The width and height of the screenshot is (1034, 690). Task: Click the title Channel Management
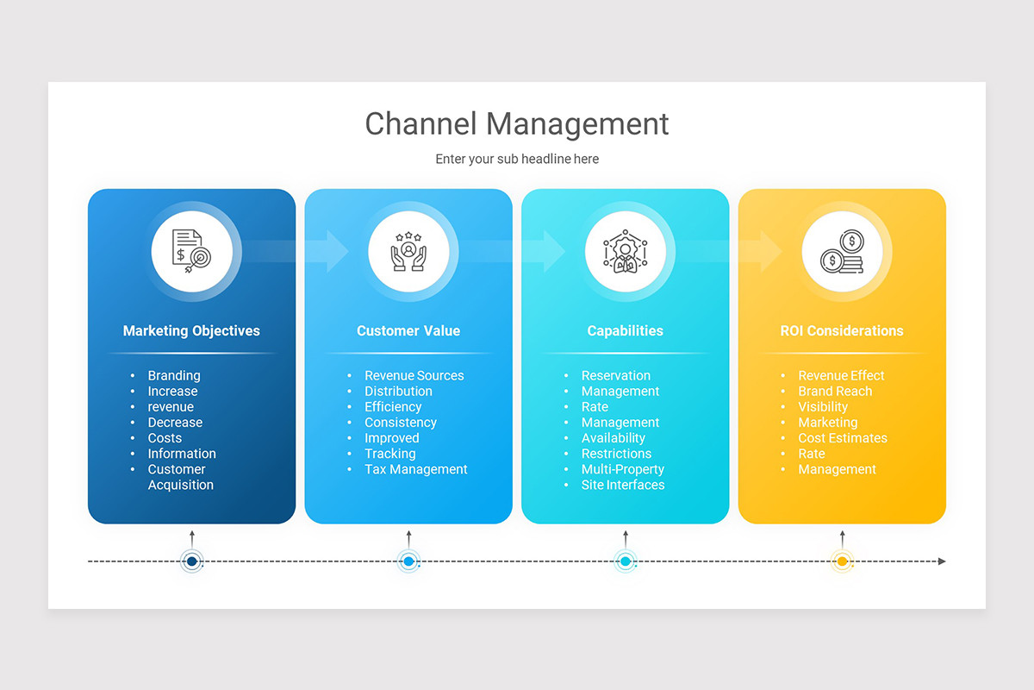(517, 123)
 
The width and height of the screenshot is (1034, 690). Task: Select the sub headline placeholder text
(517, 159)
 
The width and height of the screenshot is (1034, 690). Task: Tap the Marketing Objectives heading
(191, 330)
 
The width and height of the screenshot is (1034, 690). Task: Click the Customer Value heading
(408, 330)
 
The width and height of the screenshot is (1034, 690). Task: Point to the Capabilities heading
(625, 330)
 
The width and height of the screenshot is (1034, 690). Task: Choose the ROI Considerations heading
(842, 330)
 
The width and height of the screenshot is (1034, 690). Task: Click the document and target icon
(191, 251)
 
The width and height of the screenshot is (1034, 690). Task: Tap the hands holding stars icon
(408, 251)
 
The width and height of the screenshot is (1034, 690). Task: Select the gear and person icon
(625, 251)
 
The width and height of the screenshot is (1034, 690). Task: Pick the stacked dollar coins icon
(842, 251)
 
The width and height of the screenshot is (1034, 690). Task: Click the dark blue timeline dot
(192, 561)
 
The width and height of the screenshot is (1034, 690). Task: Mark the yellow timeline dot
(842, 561)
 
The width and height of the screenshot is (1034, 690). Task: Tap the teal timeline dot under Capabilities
(626, 561)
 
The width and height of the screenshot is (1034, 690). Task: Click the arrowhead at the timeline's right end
(942, 561)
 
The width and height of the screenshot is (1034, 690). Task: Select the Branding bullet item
(173, 375)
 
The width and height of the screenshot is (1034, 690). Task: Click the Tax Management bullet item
(415, 469)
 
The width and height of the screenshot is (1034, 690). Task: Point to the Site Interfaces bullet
(622, 485)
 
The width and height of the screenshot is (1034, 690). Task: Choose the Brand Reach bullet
(834, 391)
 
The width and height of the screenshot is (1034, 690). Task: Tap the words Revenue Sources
(414, 375)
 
